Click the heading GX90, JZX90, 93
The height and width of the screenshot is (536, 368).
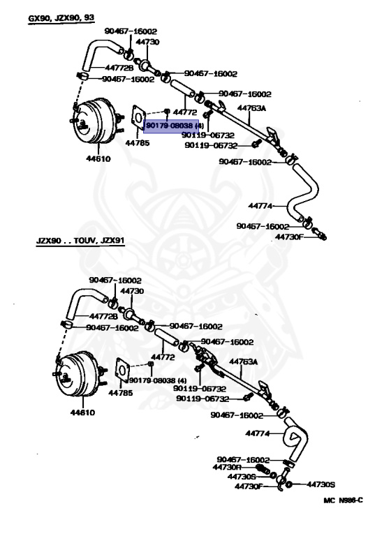tap(61, 17)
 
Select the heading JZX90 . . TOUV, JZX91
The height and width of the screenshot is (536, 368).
tap(80, 240)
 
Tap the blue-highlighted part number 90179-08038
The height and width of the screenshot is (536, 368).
tap(169, 126)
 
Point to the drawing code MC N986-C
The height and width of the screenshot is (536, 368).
tap(343, 500)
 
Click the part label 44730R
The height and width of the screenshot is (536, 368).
tap(227, 467)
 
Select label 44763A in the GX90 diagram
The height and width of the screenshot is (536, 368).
tap(251, 108)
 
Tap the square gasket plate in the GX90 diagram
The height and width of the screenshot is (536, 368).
tap(139, 117)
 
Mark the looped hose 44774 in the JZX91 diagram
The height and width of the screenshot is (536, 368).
tap(297, 439)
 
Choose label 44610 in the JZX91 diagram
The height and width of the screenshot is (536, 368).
tap(82, 412)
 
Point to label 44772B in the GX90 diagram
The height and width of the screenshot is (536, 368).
tap(119, 68)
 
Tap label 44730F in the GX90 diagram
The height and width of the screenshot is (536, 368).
tap(289, 237)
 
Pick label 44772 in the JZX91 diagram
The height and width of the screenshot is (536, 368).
tap(163, 357)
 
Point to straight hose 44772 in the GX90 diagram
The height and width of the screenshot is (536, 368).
tap(183, 88)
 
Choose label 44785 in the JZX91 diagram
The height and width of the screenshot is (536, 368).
tap(120, 393)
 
